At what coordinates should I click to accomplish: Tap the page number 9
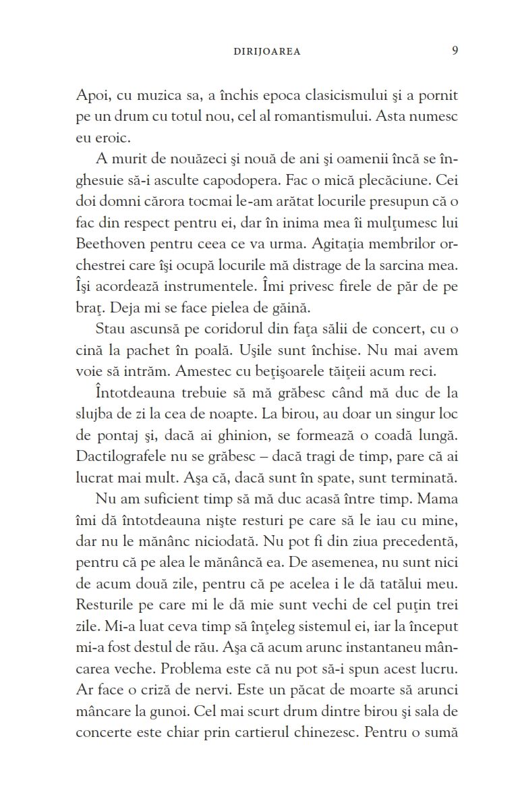[x=455, y=51]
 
